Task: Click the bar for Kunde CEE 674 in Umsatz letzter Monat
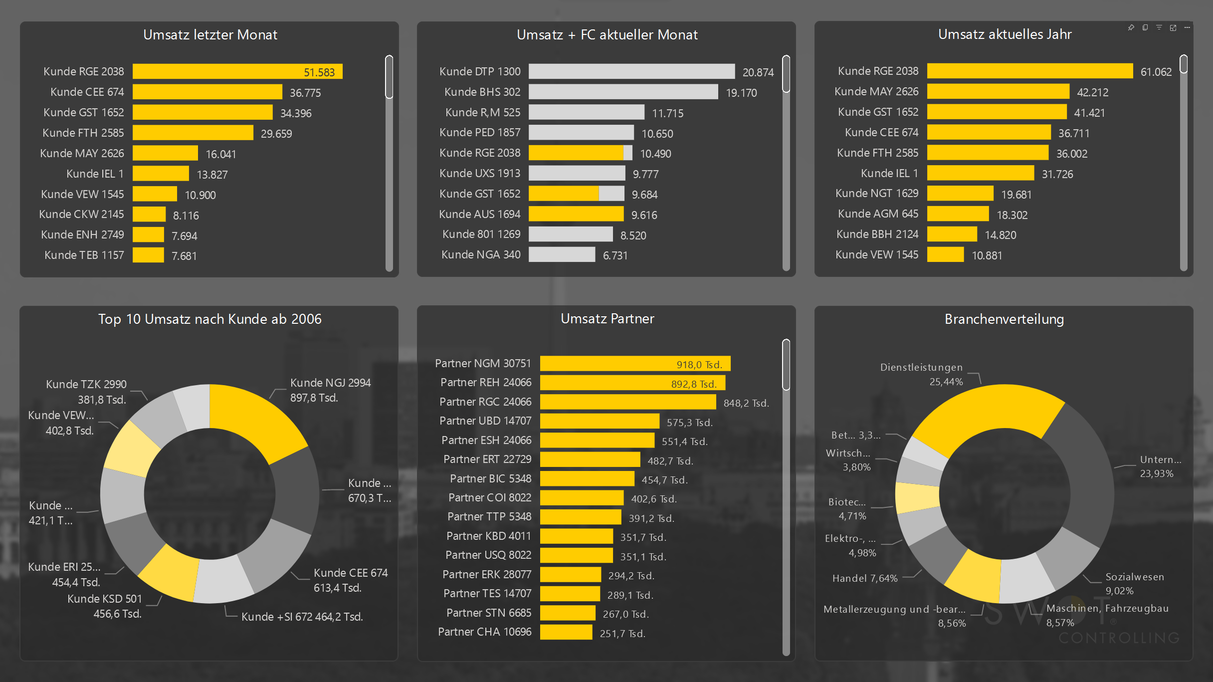coord(207,92)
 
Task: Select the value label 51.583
coord(319,72)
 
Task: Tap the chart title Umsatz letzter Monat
coord(210,35)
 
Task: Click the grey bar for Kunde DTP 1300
coord(631,72)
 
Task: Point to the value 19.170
coord(741,93)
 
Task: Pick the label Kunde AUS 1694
coord(479,215)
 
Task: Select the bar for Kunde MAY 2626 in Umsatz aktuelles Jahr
coord(998,92)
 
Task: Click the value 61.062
coord(1156,72)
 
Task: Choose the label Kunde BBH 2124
coord(877,234)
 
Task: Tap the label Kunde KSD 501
coord(105,599)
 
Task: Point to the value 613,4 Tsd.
coord(338,588)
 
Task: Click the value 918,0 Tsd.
coord(699,365)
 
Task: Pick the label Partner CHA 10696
coord(484,632)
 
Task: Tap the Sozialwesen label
coord(1135,577)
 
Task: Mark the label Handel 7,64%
coord(865,578)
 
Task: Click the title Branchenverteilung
coord(1004,319)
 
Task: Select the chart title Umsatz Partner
coord(607,319)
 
